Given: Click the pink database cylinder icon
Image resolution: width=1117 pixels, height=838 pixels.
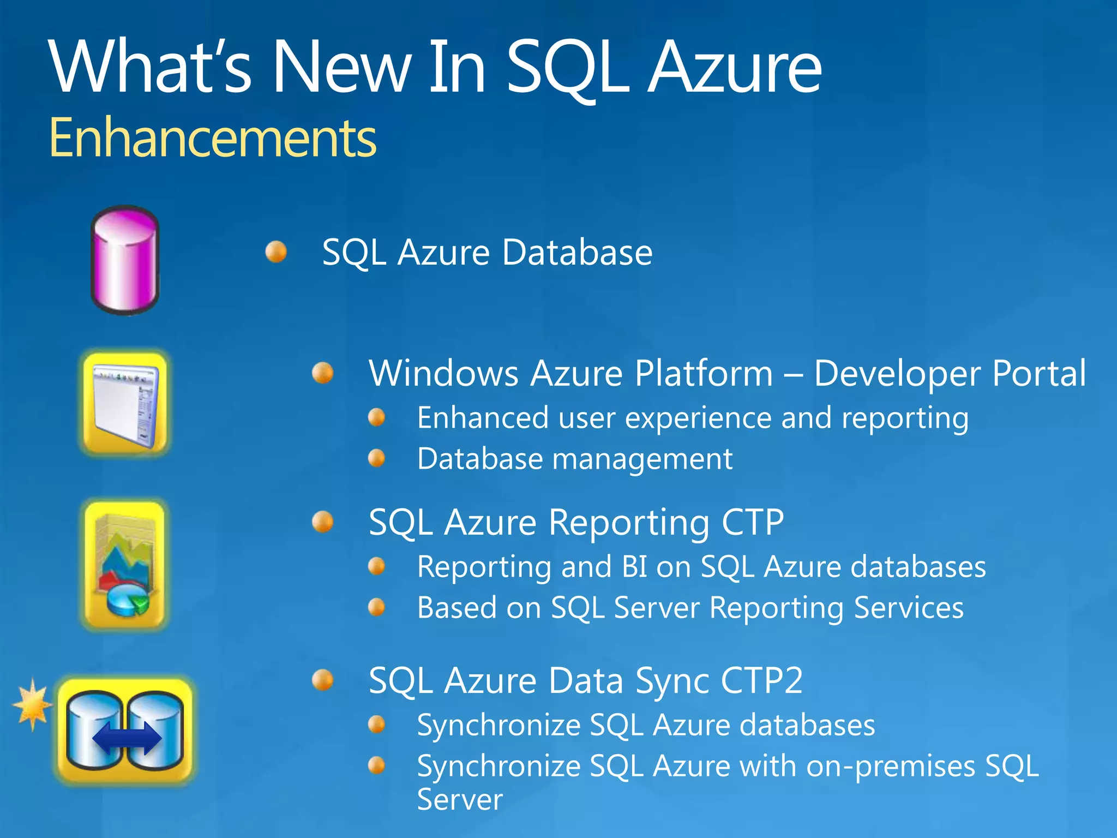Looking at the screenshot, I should coord(125,260).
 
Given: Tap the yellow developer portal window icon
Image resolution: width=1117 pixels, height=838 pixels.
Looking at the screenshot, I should coord(125,403).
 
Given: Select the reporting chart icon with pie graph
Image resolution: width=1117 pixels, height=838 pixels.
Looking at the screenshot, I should coord(125,565).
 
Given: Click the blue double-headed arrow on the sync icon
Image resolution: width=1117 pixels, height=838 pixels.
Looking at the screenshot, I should coord(127,739).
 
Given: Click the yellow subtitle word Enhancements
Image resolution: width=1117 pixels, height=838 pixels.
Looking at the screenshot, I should coord(213,138).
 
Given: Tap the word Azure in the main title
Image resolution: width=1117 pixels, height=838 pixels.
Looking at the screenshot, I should coord(735,68).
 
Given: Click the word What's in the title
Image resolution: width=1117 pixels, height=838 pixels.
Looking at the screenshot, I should coord(150,68).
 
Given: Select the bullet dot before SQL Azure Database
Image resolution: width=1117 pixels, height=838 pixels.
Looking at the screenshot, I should coord(277,252).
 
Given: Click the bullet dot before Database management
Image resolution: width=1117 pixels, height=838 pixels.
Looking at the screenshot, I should coord(377,458).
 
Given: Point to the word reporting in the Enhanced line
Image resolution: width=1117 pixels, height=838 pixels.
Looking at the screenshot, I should coord(905,419).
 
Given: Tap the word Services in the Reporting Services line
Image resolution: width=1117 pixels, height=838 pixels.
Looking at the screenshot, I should coord(909,608).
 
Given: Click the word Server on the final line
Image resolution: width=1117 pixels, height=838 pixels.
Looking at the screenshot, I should coord(460,800).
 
